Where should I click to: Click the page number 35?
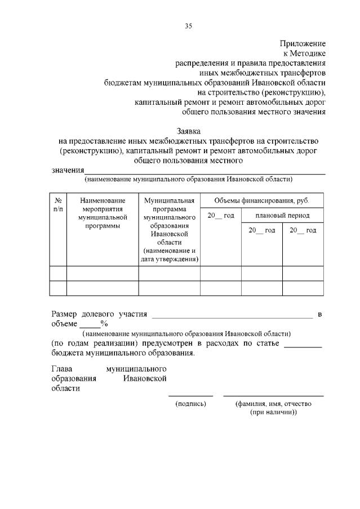pyautogui.click(x=189, y=26)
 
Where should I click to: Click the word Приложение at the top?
pyautogui.click(x=303, y=43)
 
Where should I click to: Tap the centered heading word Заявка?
pyautogui.click(x=188, y=131)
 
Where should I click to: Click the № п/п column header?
pyautogui.click(x=58, y=204)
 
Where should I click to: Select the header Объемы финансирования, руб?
pyautogui.click(x=261, y=200)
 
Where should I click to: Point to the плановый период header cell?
pyautogui.click(x=282, y=216)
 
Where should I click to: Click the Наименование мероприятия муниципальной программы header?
pyautogui.click(x=103, y=213)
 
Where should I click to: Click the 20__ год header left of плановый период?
pyautogui.click(x=220, y=216)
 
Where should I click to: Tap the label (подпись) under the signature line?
pyautogui.click(x=190, y=404)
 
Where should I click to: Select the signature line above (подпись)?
pyautogui.click(x=190, y=395)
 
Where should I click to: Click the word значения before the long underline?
pyautogui.click(x=68, y=171)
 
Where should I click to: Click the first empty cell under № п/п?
pyautogui.click(x=58, y=274)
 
